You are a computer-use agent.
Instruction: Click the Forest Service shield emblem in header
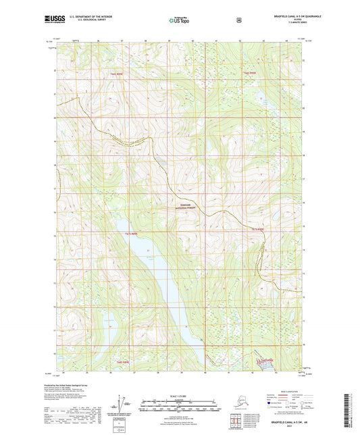pos(238,20)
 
